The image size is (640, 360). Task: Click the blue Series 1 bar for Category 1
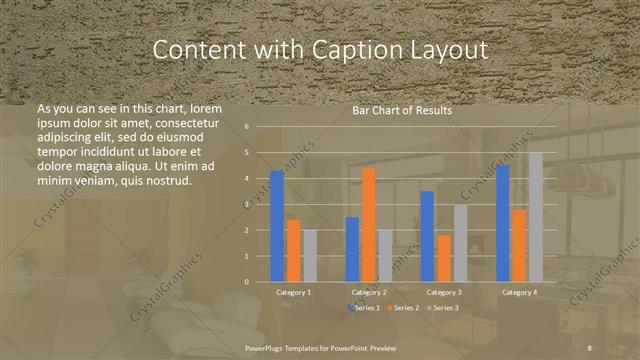277,226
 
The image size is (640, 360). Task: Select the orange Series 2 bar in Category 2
369,225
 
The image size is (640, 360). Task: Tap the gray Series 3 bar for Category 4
535,217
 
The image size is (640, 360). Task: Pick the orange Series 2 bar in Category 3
444,258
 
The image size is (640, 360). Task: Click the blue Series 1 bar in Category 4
502,223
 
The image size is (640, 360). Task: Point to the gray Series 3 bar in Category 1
309,256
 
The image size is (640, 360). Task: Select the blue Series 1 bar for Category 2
352,249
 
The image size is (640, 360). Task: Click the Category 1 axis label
293,293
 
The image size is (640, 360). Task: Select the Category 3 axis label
444,293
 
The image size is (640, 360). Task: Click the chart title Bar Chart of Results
402,111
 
